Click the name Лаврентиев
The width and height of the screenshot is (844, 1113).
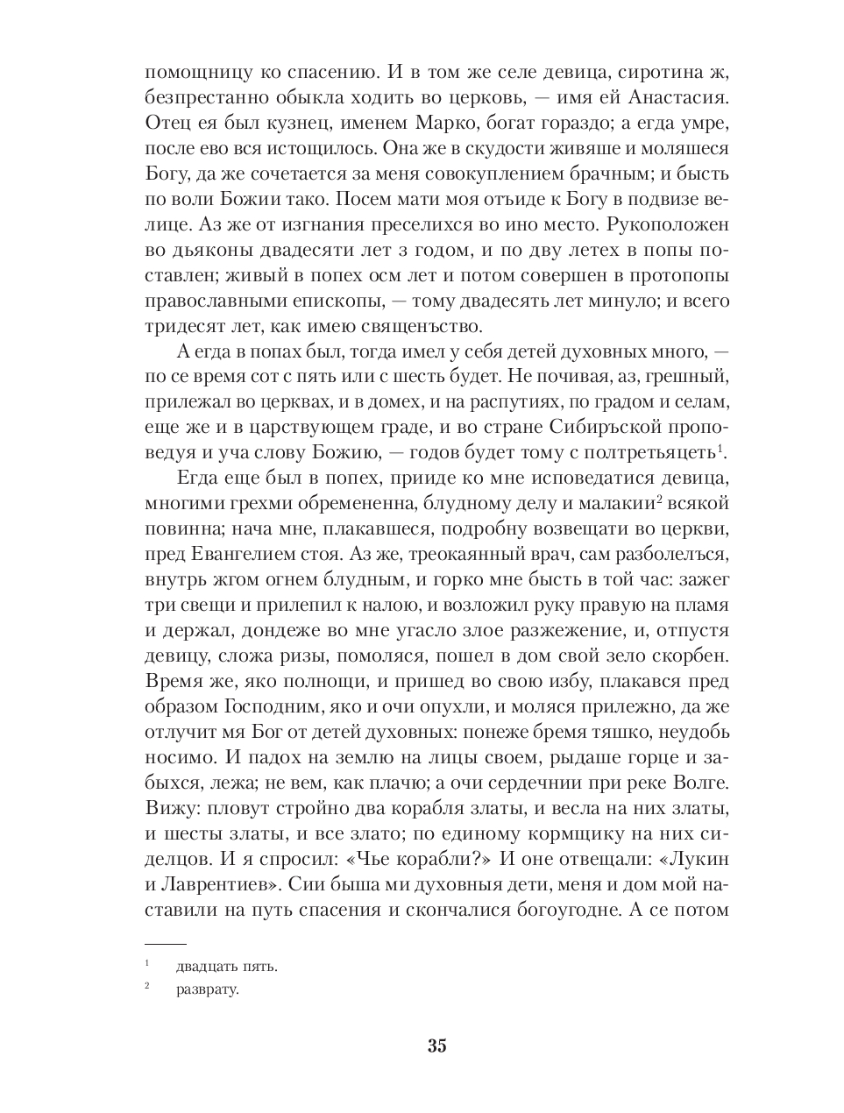218,883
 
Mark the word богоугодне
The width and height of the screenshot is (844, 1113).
555,908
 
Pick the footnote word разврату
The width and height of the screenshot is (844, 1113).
207,990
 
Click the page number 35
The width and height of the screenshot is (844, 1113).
437,1046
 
